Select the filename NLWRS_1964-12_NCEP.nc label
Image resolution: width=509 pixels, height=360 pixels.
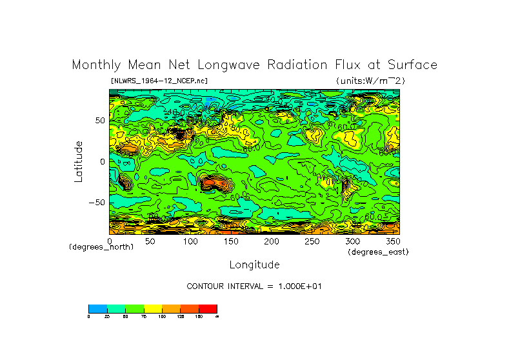tap(159, 81)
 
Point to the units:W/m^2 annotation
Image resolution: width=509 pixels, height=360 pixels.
tap(370, 81)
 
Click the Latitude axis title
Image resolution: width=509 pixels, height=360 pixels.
tap(78, 161)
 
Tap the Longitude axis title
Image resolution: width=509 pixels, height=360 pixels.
tap(254, 265)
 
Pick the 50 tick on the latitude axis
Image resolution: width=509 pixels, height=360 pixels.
tap(100, 121)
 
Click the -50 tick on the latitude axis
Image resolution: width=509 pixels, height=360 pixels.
tap(98, 202)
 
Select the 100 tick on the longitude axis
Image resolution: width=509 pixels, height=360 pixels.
tap(190, 241)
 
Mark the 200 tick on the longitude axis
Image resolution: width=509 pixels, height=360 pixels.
tap(271, 241)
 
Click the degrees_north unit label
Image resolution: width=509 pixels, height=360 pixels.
tap(101, 247)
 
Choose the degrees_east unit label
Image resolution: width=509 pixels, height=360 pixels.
tap(378, 252)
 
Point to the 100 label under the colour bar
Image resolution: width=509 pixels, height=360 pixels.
tap(161, 317)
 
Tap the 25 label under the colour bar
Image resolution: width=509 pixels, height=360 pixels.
tap(106, 317)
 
